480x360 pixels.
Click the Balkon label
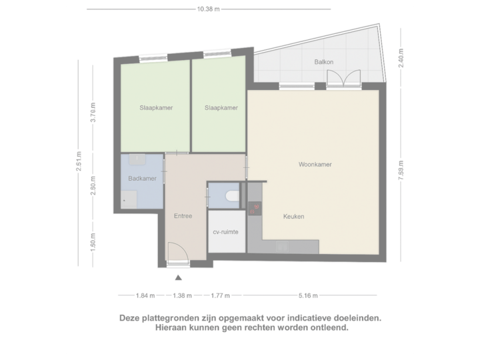click(324, 63)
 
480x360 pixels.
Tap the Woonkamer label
click(315, 164)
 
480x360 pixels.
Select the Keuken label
click(293, 216)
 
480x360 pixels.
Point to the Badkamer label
click(142, 179)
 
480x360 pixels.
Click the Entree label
click(183, 216)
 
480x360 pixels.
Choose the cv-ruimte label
click(226, 232)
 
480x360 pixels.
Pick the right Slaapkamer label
click(221, 108)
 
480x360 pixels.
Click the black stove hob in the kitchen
click(254, 209)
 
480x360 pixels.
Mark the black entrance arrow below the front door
click(178, 278)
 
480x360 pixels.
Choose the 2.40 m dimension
click(400, 57)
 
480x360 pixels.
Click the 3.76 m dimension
click(93, 111)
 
